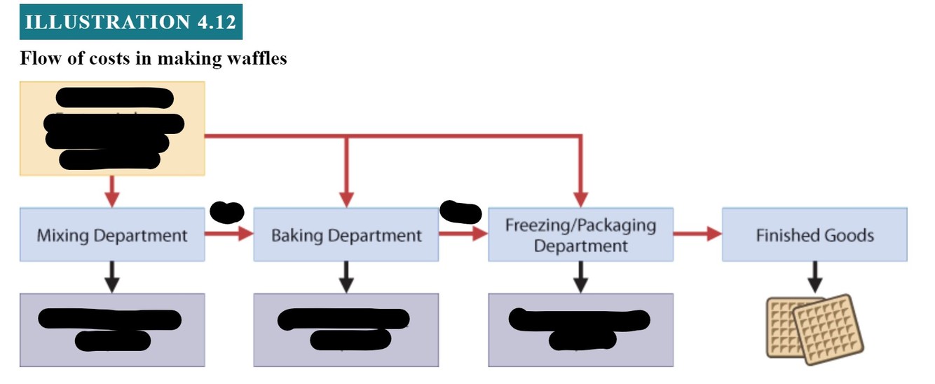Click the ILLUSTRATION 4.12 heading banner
[x=131, y=22]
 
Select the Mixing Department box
[x=112, y=234]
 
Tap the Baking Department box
[x=346, y=234]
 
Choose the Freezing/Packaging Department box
[x=580, y=234]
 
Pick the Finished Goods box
[x=814, y=234]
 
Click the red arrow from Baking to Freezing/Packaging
[x=463, y=234]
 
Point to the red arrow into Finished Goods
[x=697, y=234]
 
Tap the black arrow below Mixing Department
[x=112, y=277]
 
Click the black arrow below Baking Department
[x=346, y=277]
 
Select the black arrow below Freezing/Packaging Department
[x=580, y=277]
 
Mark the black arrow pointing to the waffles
[x=814, y=277]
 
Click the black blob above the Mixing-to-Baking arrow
[x=227, y=211]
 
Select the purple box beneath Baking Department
[x=346, y=330]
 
